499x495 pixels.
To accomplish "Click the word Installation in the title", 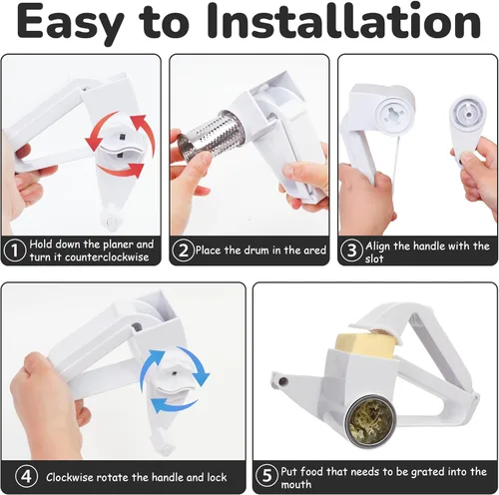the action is coord(344,22).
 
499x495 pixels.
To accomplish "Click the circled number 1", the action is coord(14,250).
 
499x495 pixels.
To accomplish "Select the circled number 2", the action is coord(183,250).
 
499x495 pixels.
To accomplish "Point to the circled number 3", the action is coord(351,250).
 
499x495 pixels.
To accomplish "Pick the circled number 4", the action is coord(26,476).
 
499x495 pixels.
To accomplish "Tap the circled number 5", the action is coord(266,476).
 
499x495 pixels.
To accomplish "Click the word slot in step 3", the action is coord(374,258).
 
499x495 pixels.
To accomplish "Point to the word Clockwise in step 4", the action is coord(70,477).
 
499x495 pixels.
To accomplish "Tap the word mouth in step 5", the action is coord(296,484).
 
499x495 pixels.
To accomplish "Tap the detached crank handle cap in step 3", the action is coord(466,127).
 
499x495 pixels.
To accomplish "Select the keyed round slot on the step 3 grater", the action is coord(394,113).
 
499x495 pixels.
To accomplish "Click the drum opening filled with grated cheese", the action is coord(370,420).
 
